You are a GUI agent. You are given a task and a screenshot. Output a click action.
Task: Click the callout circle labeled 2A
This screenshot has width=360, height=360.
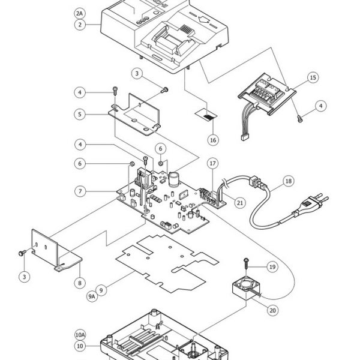tap(79, 13)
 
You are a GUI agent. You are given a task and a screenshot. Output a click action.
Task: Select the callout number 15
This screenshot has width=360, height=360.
tap(313, 77)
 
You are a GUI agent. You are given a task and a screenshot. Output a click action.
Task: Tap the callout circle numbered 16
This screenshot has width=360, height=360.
tap(213, 140)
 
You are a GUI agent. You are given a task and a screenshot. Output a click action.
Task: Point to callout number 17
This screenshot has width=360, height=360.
tap(213, 163)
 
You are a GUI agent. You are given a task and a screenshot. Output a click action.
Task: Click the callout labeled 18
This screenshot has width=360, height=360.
tap(289, 181)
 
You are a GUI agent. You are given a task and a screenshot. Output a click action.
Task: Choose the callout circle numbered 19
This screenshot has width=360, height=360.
tap(272, 267)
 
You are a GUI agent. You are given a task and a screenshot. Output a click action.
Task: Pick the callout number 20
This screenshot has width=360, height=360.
tap(272, 310)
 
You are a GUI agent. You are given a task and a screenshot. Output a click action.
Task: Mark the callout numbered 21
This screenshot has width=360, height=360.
tap(240, 203)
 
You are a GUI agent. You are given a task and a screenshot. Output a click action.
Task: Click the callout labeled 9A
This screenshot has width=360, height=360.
tap(92, 296)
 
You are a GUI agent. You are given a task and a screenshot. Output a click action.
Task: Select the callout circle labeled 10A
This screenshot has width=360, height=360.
tap(80, 335)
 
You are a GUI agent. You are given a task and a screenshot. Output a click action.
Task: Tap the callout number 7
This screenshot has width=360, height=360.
tap(80, 191)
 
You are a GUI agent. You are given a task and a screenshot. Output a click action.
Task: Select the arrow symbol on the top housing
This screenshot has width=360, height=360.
tap(203, 19)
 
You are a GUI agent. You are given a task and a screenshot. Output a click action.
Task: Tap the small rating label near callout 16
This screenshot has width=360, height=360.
tap(206, 115)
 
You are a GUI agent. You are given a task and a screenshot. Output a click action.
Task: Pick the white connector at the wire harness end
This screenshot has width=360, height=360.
tap(245, 137)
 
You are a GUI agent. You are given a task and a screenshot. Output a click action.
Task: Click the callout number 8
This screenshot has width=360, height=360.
tap(80, 283)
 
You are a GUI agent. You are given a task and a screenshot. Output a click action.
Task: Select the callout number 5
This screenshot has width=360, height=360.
tap(80, 114)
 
